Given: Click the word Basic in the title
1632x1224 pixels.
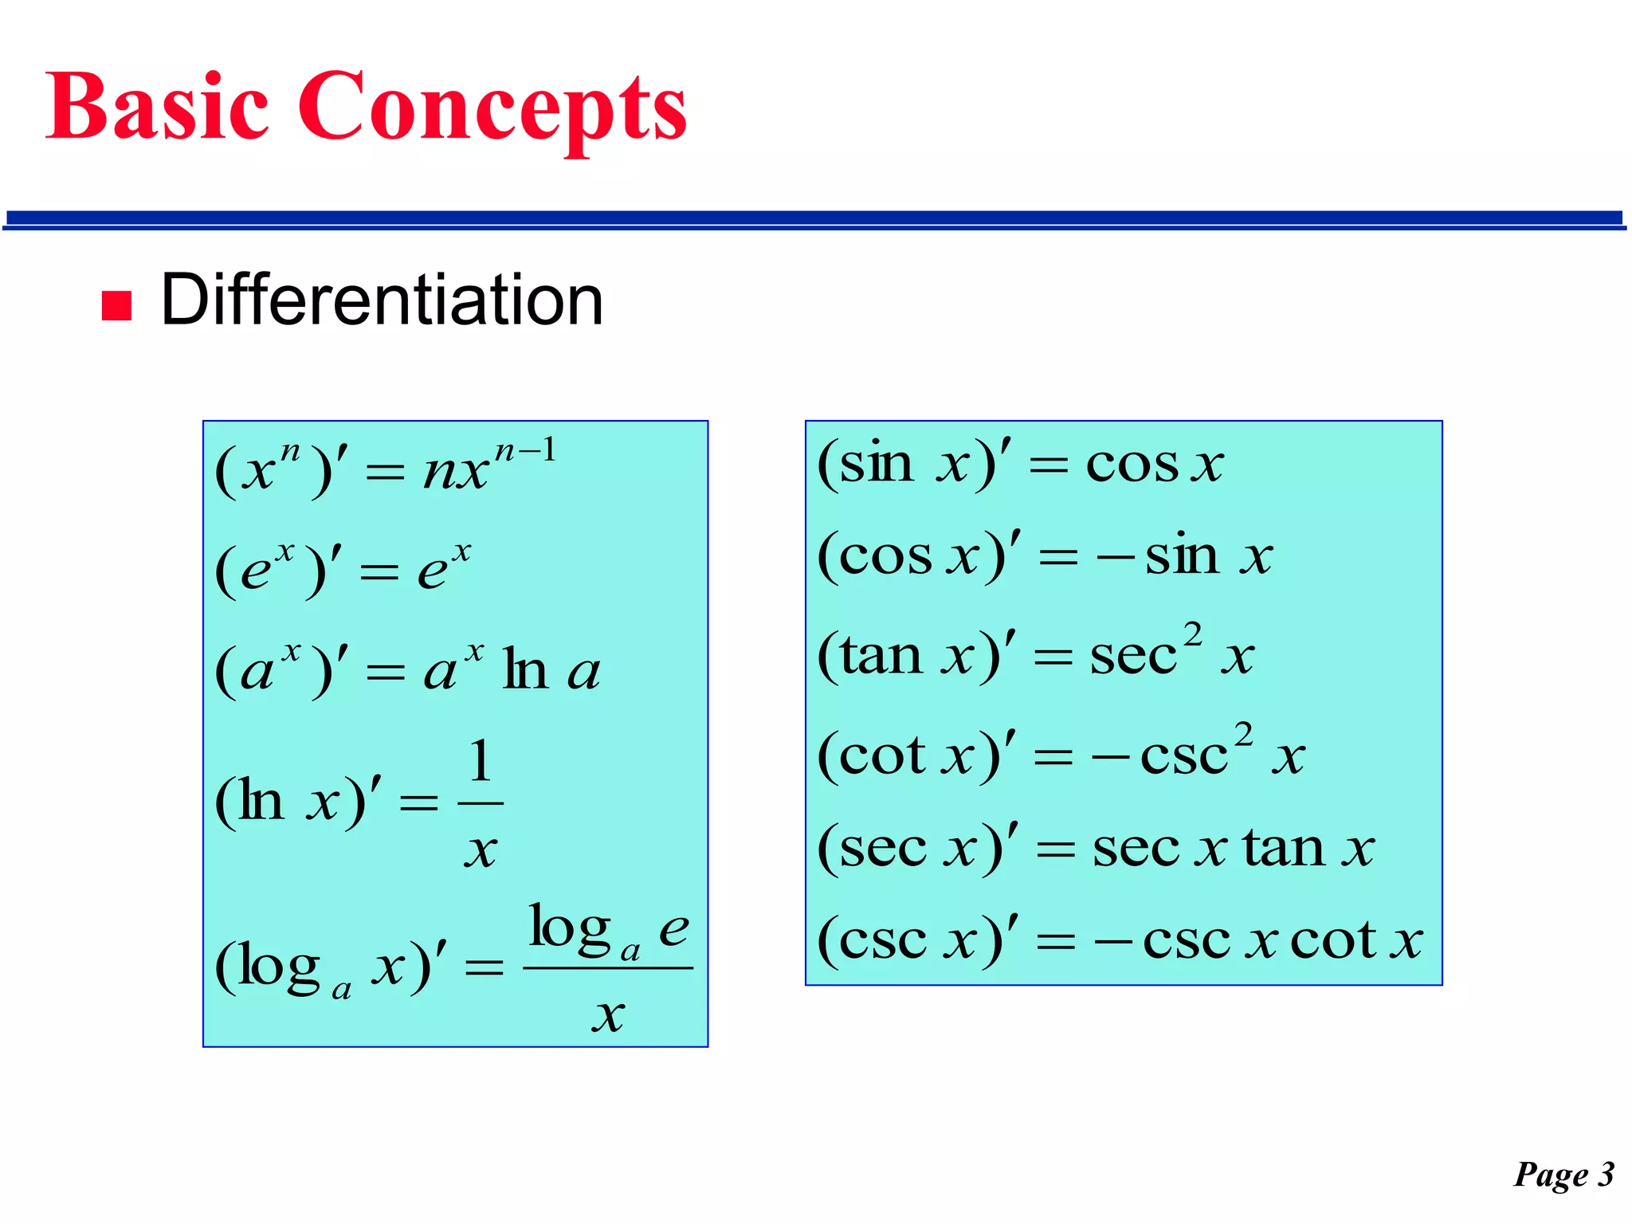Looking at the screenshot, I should coord(156,107).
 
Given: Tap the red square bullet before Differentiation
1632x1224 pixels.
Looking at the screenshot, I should coord(116,305).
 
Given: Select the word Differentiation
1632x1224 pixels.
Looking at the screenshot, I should coord(382,300).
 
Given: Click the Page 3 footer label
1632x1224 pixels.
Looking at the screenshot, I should coord(1563,1175).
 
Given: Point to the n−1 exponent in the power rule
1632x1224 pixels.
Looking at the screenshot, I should coord(525,453).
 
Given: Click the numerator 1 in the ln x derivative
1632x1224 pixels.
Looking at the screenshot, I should coord(480,761).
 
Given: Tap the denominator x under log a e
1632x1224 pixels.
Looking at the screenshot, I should coord(608,1015).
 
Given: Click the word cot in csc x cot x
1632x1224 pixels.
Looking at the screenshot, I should coord(1333,941).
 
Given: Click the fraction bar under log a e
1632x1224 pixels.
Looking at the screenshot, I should coord(608,968).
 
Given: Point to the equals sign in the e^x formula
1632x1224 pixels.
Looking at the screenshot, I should coord(379,571).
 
